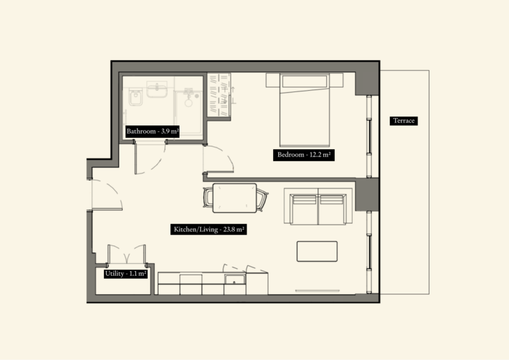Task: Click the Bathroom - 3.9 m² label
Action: tap(153, 131)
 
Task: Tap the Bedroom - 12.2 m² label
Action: tap(303, 155)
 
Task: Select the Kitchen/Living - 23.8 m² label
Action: tap(209, 230)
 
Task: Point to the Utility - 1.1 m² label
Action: tap(125, 273)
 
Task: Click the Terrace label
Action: tap(404, 121)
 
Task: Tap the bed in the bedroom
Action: tap(304, 111)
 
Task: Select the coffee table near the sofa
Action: tap(317, 251)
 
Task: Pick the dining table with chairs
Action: tap(235, 198)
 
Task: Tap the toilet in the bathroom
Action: tap(136, 99)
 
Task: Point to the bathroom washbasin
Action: tap(158, 90)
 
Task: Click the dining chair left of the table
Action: tap(208, 198)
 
